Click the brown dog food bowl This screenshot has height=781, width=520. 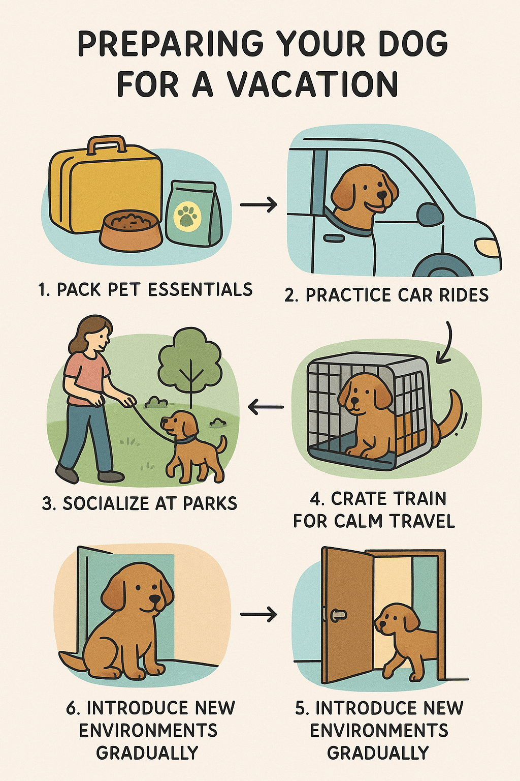131,231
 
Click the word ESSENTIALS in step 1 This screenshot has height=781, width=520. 200,289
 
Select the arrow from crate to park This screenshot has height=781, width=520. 266,407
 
